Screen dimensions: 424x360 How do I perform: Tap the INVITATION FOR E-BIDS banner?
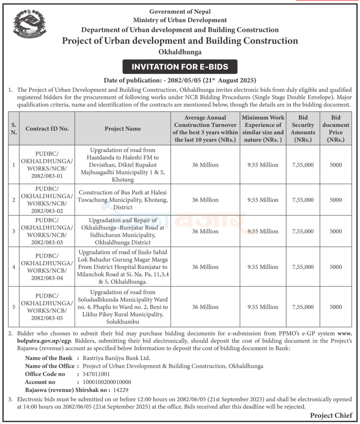[x=180, y=67]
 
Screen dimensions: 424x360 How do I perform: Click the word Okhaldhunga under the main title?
[x=180, y=52]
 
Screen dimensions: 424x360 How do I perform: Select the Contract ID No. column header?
[x=47, y=129]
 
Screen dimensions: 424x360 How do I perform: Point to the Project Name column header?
[x=123, y=129]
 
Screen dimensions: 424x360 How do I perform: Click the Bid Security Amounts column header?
[x=303, y=129]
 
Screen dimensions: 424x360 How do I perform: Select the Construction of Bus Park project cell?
[x=123, y=200]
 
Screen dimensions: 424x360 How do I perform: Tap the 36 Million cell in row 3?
[x=205, y=232]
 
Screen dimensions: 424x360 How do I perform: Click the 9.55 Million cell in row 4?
[x=263, y=267]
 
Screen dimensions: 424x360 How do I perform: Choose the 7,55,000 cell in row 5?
[x=303, y=307]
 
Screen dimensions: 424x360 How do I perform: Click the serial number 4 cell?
[x=14, y=267]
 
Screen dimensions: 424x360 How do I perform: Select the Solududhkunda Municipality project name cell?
[x=123, y=307]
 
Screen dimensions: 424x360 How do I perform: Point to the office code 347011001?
[x=96, y=374]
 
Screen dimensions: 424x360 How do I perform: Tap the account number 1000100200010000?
[x=107, y=382]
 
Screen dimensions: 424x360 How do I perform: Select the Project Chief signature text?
[x=331, y=416]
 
